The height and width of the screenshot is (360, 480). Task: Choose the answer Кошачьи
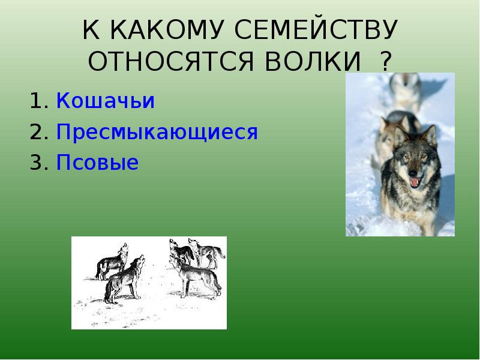coord(106,101)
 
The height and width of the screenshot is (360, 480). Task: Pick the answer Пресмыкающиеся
coord(157,132)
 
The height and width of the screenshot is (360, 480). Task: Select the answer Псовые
coord(97,163)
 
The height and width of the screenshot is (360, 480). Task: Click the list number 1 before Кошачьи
coord(37,101)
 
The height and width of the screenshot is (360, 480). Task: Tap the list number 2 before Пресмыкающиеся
coord(37,132)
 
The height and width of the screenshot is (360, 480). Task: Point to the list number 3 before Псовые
coord(37,163)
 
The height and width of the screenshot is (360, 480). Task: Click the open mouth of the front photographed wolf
coord(415,180)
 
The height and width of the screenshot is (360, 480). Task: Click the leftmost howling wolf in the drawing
coord(112,261)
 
